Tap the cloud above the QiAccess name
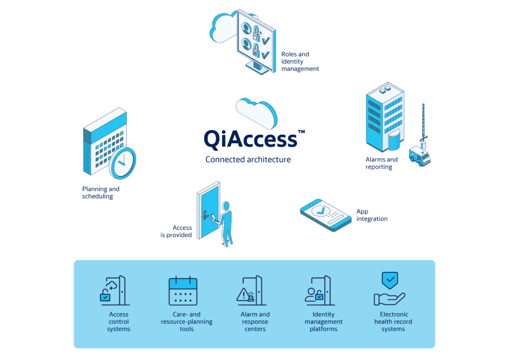coord(256,111)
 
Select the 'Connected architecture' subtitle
coord(248,160)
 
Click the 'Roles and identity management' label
coord(300,61)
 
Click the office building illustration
coord(384,117)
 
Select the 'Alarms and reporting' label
coord(381,163)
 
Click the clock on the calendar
coord(122,163)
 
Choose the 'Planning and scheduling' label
coord(100,192)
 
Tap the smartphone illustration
coord(326,215)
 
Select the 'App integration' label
coord(371,215)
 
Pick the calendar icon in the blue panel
coord(183,291)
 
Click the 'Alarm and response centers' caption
coord(255,321)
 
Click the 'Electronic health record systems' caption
coord(393,321)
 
